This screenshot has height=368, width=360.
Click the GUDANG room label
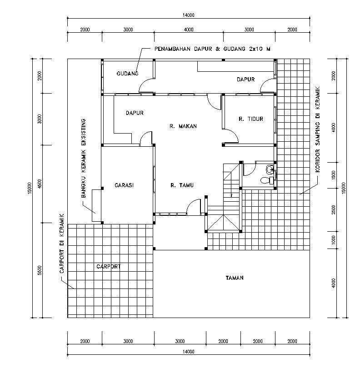[x=127, y=73]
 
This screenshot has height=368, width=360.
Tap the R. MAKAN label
[x=183, y=126]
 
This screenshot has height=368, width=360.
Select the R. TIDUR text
[x=251, y=119]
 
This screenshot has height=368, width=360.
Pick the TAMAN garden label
[x=235, y=278]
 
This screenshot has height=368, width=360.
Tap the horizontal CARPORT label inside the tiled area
[x=109, y=267]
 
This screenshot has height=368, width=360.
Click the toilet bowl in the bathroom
[x=265, y=181]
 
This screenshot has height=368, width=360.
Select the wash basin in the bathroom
[x=270, y=169]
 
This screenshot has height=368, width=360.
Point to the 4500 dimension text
[x=40, y=184]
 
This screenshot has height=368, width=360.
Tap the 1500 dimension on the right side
[x=334, y=174]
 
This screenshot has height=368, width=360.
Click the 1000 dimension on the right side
[x=334, y=239]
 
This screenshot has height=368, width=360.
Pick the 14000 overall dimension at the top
[x=189, y=15]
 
